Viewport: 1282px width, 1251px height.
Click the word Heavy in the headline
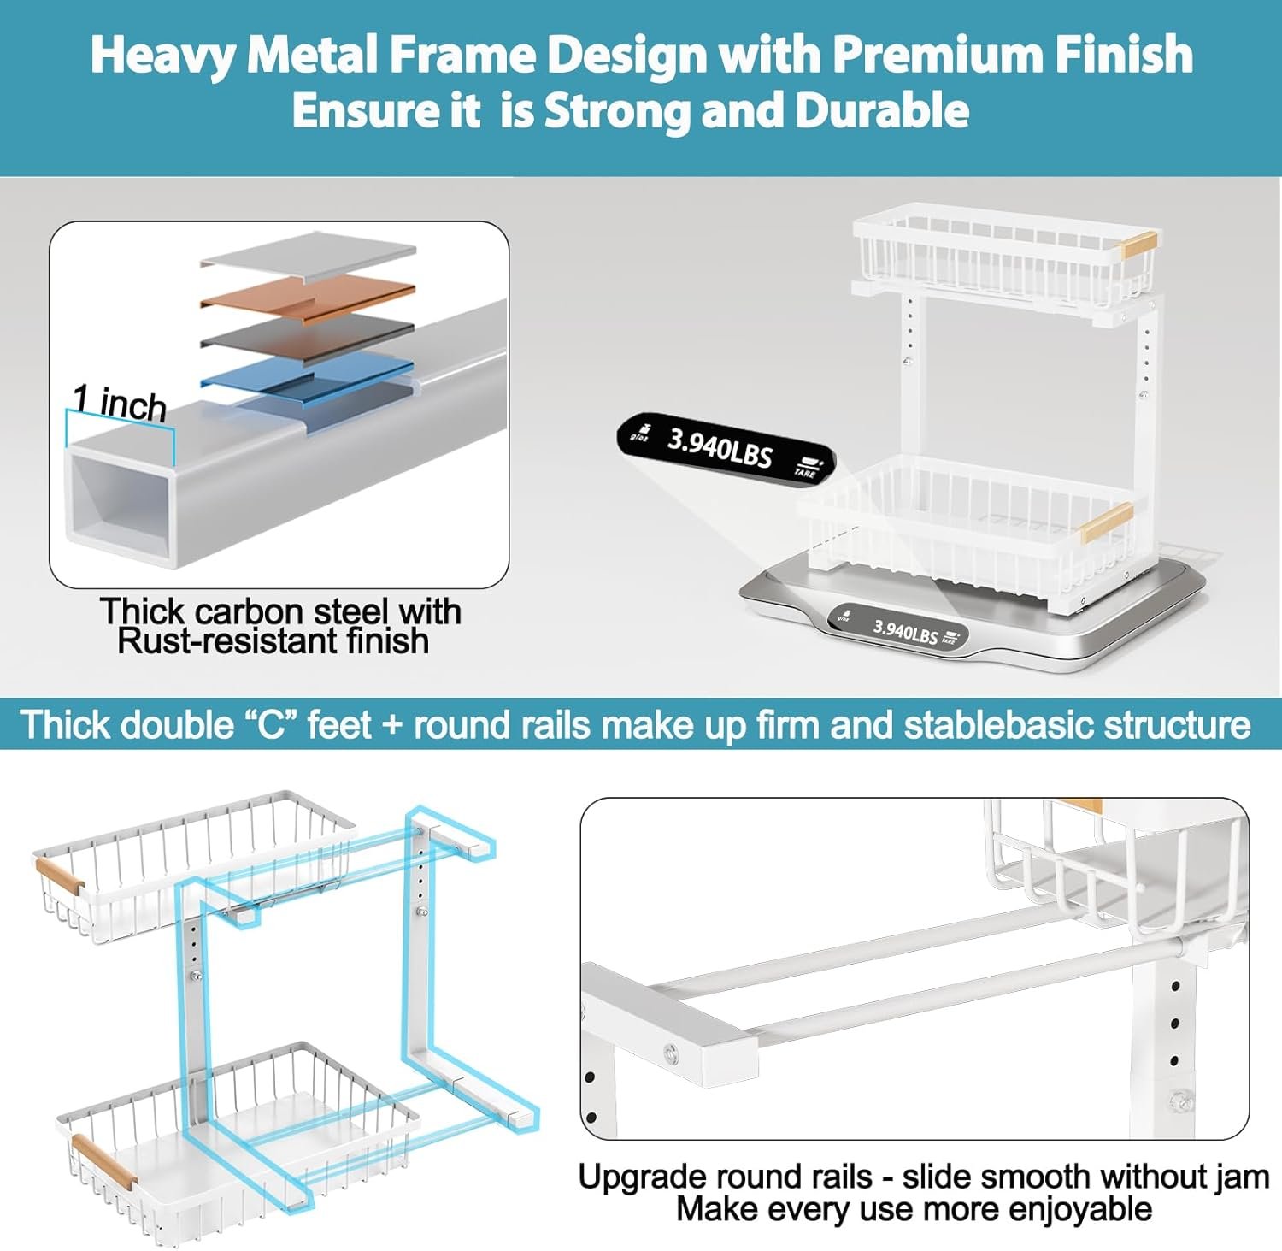tap(163, 56)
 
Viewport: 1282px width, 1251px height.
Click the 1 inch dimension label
tap(119, 402)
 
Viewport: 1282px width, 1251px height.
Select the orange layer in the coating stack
tap(308, 295)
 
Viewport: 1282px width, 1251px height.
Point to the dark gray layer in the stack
tap(308, 334)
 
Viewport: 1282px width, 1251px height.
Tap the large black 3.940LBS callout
tap(726, 449)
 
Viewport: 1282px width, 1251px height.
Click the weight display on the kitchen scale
tap(898, 630)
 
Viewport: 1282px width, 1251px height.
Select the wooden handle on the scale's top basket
tap(1139, 243)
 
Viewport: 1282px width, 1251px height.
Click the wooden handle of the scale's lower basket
tap(1107, 522)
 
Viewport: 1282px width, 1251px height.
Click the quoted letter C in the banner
tap(270, 725)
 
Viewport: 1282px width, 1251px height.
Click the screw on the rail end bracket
tap(670, 1051)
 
